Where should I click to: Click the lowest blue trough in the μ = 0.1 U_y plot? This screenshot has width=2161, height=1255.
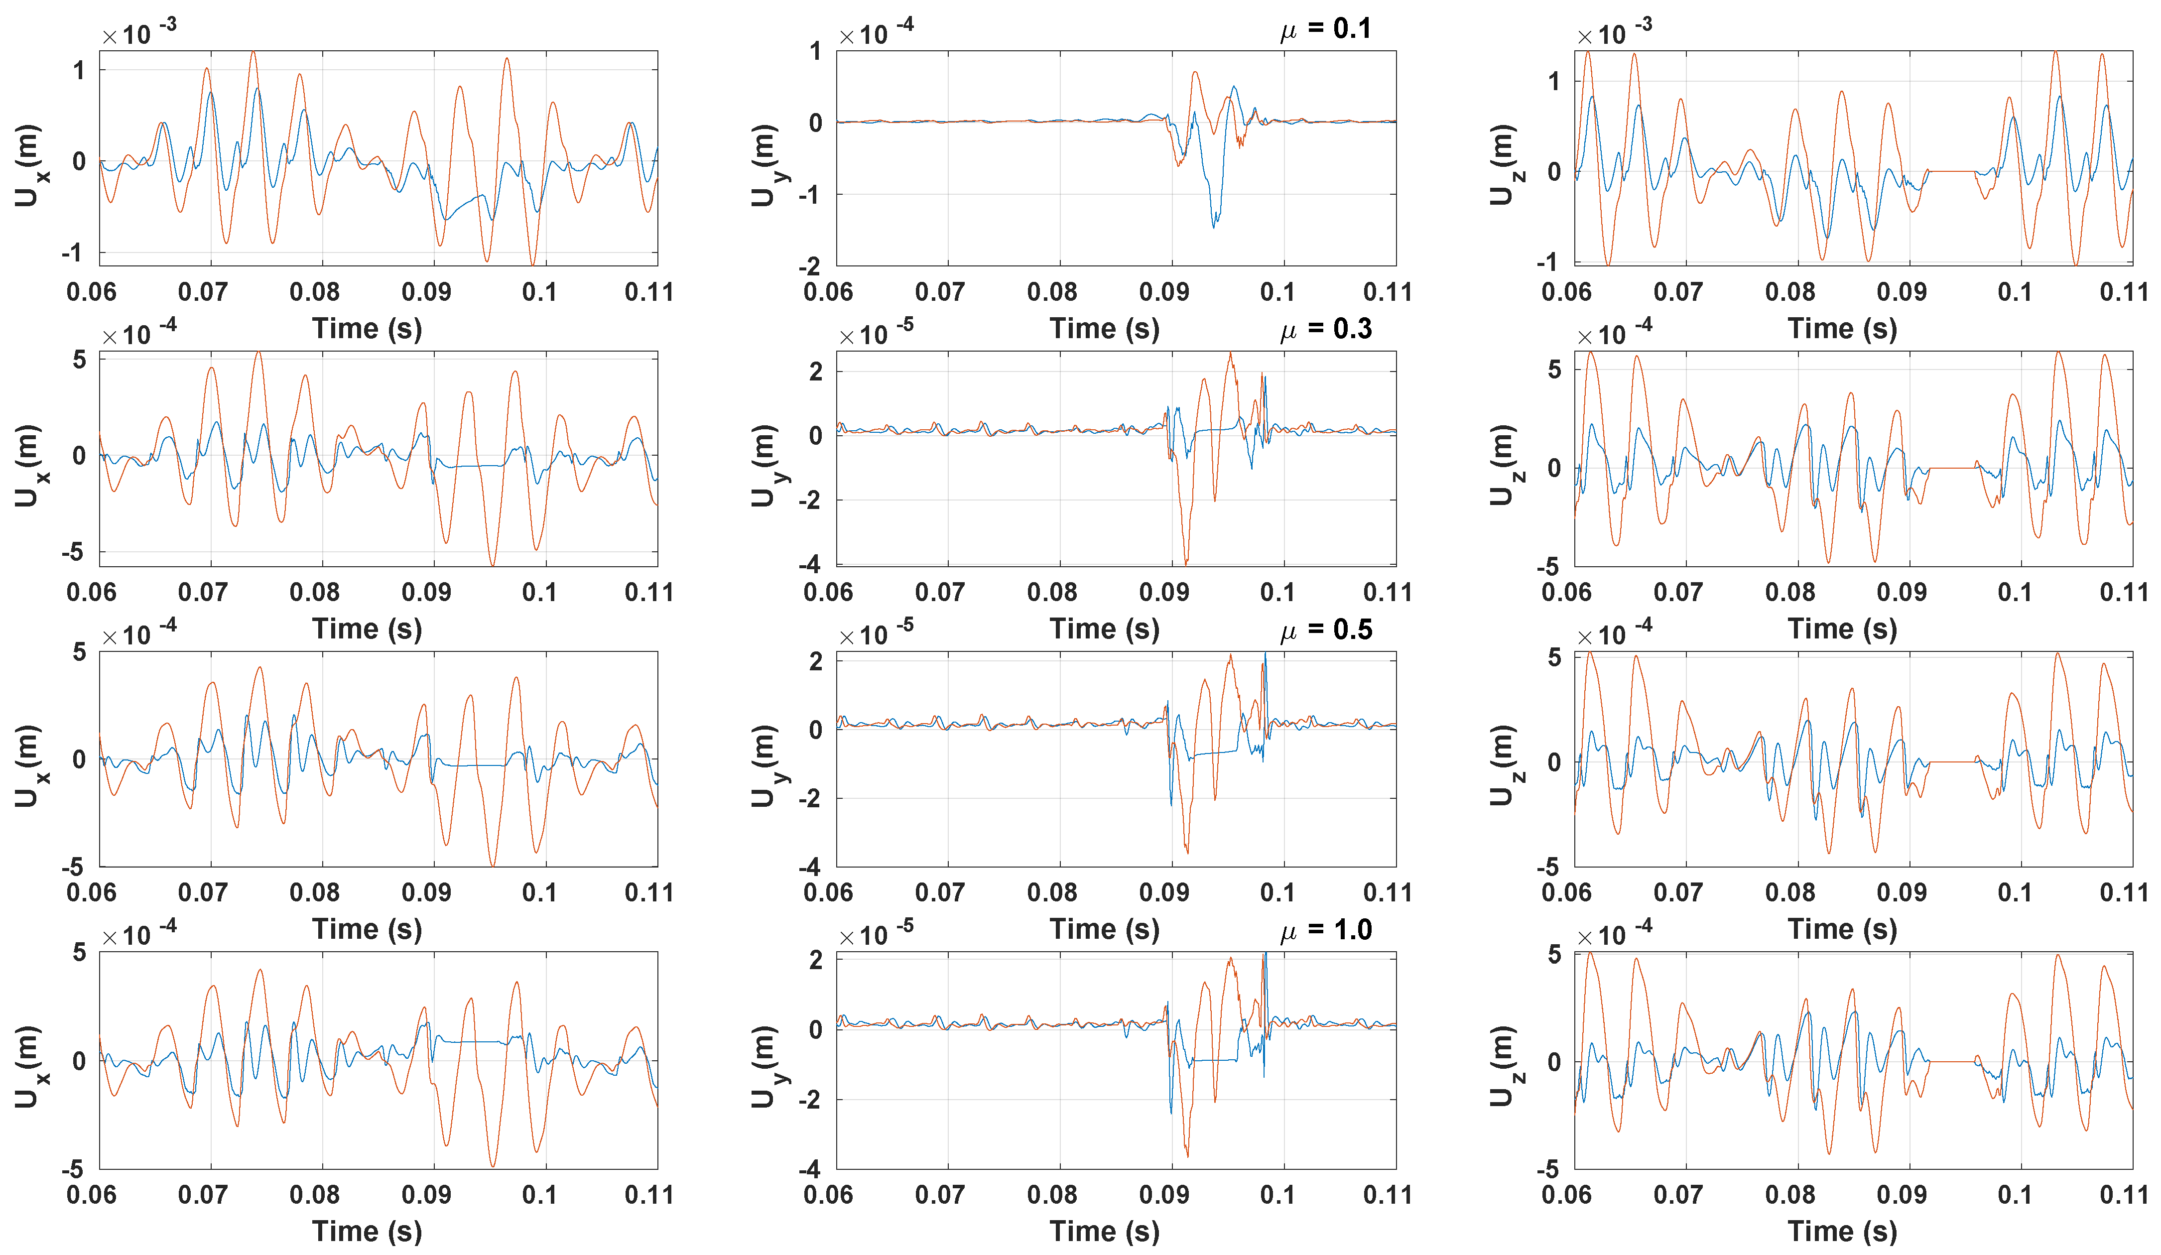pyautogui.click(x=1213, y=226)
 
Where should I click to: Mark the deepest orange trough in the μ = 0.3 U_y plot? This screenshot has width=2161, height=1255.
pyautogui.click(x=1186, y=562)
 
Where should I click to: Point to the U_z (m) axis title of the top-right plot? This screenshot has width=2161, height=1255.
pyautogui.click(x=1503, y=165)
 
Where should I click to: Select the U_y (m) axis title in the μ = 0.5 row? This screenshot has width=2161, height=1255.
pyautogui.click(x=765, y=765)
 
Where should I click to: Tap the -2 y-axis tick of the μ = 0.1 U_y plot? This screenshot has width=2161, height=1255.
pyautogui.click(x=810, y=266)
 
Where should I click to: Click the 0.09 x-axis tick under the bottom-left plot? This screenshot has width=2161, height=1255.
pyautogui.click(x=426, y=1194)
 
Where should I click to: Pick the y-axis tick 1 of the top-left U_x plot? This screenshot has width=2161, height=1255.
pyautogui.click(x=79, y=70)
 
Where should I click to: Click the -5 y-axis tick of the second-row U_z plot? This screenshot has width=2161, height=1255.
pyautogui.click(x=1548, y=567)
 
